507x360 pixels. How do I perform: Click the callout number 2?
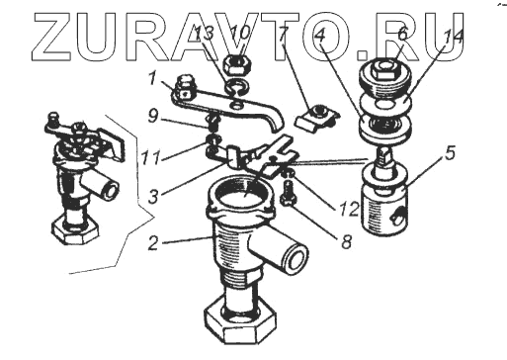tap(153, 243)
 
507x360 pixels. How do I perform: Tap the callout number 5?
tap(450, 153)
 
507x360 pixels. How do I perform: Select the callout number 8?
tap(346, 242)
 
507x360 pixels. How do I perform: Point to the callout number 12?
tap(349, 209)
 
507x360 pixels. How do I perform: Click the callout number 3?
tap(153, 196)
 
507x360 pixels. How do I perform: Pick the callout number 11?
tap(151, 157)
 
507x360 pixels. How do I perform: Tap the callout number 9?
tap(152, 116)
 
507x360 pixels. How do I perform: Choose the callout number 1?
tap(151, 78)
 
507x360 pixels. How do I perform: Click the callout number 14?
tap(453, 38)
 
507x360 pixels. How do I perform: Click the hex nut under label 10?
tap(236, 64)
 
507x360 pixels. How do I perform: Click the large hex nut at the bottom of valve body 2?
tap(239, 320)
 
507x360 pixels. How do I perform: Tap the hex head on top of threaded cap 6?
tap(383, 69)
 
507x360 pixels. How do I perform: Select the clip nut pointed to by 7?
tap(316, 117)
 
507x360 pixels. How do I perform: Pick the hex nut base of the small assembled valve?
tap(75, 232)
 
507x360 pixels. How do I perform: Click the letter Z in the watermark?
tap(50, 38)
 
